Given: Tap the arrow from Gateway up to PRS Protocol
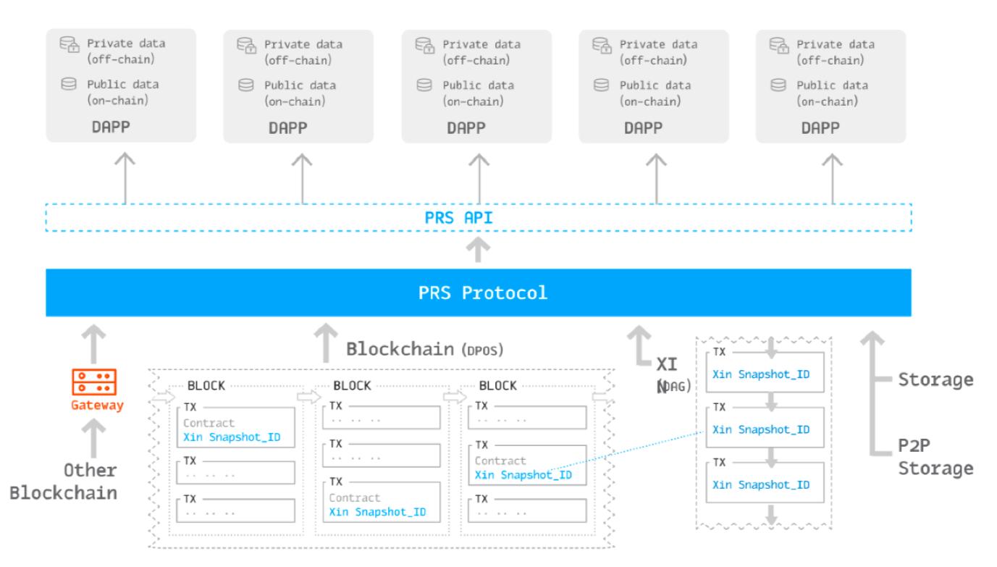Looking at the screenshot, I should [95, 340].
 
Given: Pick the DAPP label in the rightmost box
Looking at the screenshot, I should [821, 127].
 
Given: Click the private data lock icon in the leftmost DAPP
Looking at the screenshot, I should [67, 45].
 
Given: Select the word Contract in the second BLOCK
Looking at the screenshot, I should [355, 498].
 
